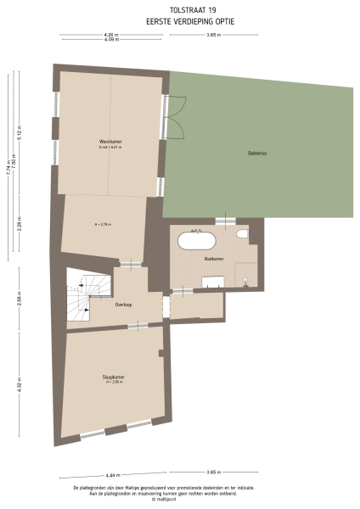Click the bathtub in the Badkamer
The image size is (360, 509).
tap(198, 241)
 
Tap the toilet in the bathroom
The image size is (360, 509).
tap(243, 235)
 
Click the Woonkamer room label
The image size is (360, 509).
tap(107, 142)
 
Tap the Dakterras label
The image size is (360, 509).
tap(258, 154)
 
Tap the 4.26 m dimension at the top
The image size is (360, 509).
tap(110, 34)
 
